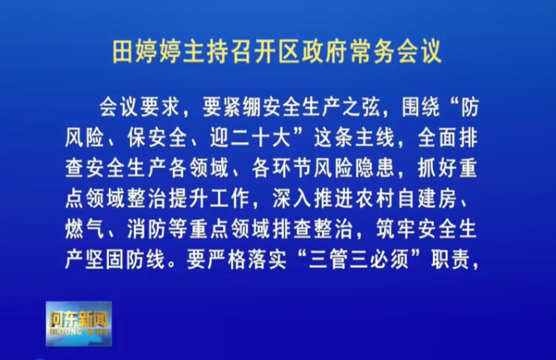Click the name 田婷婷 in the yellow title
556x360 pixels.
147,52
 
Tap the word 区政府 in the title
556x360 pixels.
313,52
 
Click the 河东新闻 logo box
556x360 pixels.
79,323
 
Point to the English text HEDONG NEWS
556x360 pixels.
79,332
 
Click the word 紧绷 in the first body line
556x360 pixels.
233,106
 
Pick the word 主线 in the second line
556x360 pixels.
375,138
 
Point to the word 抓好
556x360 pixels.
437,168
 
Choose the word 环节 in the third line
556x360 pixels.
292,168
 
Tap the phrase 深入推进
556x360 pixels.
312,199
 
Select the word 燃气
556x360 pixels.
85,229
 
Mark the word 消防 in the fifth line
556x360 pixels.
147,229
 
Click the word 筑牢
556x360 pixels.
396,229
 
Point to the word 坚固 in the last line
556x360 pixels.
106,260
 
